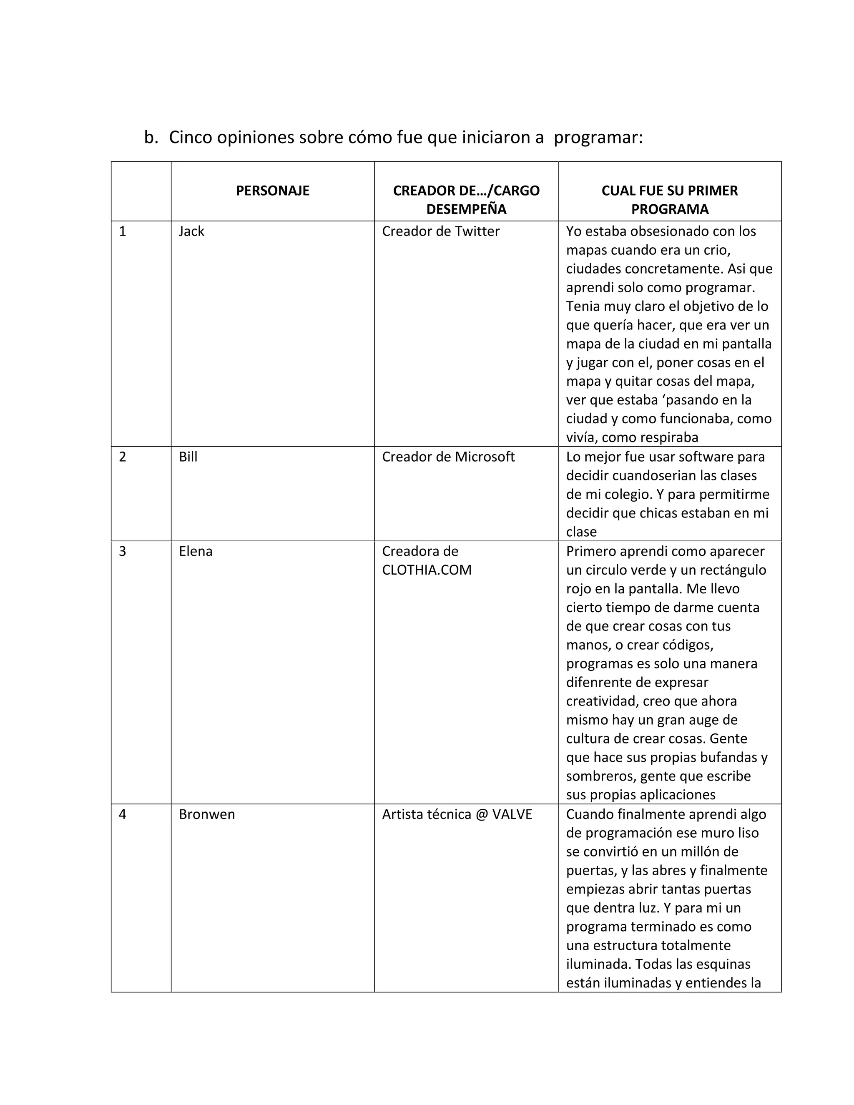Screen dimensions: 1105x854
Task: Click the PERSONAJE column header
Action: [x=272, y=191]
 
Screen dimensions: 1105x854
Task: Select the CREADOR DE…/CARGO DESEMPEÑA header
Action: [x=466, y=200]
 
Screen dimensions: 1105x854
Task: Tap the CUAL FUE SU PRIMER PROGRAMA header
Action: [x=669, y=200]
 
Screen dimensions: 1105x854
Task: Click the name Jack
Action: [x=191, y=231]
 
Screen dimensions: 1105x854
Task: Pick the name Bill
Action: [x=188, y=457]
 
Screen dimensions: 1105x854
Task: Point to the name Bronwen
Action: [x=206, y=814]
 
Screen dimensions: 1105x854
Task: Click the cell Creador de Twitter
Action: [x=440, y=231]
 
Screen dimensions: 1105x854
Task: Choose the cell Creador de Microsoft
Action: [x=448, y=457]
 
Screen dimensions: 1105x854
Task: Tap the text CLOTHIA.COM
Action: [x=427, y=570]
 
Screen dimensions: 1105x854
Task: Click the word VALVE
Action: [x=512, y=814]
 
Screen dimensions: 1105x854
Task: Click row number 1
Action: [x=123, y=231]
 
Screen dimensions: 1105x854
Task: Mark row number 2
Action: [x=123, y=457]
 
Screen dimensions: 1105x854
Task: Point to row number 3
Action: [x=123, y=551]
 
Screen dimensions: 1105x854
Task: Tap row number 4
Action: [x=123, y=814]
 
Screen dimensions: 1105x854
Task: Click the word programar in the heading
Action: [x=598, y=138]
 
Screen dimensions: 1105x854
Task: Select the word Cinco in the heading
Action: [x=190, y=137]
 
